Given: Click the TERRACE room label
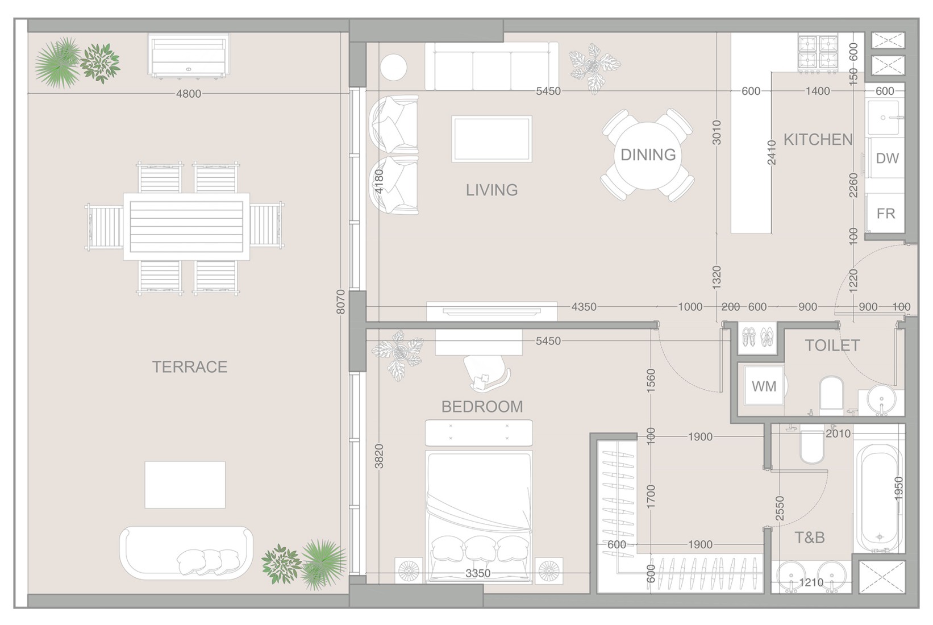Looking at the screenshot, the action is (x=190, y=367).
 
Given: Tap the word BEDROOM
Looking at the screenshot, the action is (x=482, y=407).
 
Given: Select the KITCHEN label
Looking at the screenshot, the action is (x=818, y=140).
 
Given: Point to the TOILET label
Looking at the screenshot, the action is (x=832, y=345).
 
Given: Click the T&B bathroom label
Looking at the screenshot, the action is (x=810, y=537).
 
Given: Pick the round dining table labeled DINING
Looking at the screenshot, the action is (x=648, y=155).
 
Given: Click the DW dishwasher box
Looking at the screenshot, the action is (x=886, y=158).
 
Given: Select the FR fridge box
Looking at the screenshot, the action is (x=885, y=213).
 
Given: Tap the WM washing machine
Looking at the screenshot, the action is (x=764, y=386).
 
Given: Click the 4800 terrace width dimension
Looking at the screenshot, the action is (x=189, y=94).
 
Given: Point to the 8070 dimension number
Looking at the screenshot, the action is (x=341, y=302).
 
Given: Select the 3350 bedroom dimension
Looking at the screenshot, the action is (x=478, y=573).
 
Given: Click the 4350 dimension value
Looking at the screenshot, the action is (x=584, y=307).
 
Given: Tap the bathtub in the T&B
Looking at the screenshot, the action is (x=879, y=499).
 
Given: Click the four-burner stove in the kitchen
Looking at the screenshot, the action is (x=818, y=53).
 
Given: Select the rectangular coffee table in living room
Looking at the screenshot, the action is (x=492, y=139).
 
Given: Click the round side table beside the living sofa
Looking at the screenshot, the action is (x=394, y=68).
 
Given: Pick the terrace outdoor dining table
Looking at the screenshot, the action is (x=186, y=227).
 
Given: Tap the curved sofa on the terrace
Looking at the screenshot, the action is (x=186, y=552).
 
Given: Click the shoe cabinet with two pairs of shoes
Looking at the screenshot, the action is (x=758, y=338).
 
